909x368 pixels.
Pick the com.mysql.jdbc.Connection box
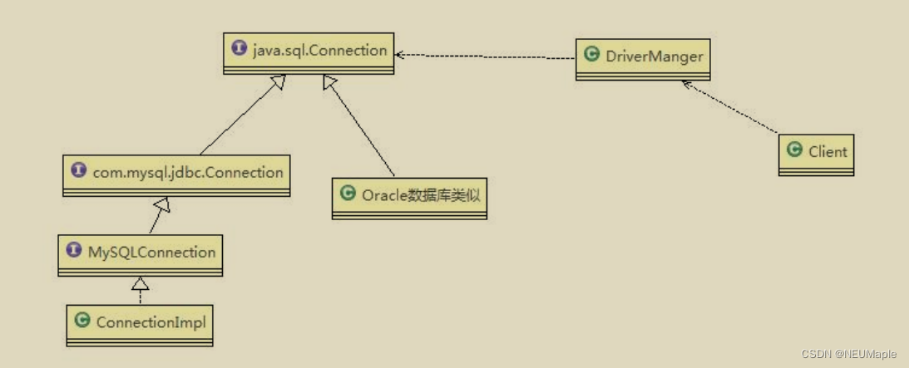pos(176,174)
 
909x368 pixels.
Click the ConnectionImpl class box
pos(140,324)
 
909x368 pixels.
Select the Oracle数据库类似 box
pos(408,198)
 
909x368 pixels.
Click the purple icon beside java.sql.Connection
pos(240,50)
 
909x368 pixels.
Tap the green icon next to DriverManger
pos(592,56)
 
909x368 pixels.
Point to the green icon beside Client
pos(794,150)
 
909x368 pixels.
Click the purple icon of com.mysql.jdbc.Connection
pos(79,171)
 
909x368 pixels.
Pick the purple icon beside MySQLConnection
pos(74,251)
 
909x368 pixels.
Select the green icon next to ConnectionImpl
pos(82,321)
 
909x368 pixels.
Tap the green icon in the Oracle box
pos(348,194)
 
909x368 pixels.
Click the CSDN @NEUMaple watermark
pos(849,354)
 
